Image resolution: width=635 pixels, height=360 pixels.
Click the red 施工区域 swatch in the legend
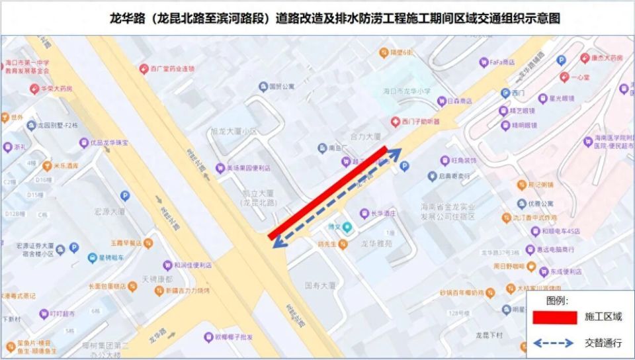(555, 317)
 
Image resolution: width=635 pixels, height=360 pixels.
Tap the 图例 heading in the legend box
(558, 300)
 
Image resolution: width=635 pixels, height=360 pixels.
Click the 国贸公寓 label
(285, 86)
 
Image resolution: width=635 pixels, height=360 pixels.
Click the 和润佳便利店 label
(192, 265)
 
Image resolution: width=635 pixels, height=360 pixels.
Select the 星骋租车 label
(110, 257)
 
